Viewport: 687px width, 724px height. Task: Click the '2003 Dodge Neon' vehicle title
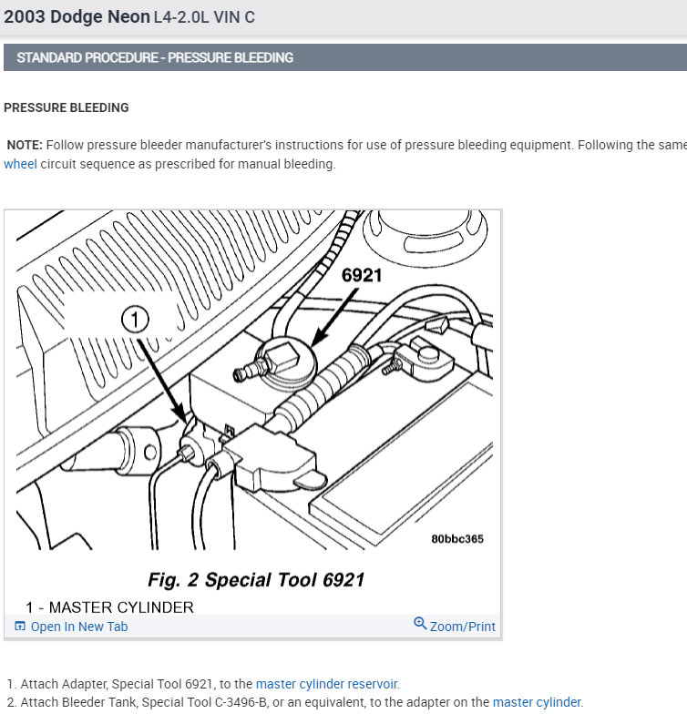[77, 16]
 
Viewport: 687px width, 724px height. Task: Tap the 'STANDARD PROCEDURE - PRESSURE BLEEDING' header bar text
[155, 57]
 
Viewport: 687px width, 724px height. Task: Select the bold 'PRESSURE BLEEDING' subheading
[67, 107]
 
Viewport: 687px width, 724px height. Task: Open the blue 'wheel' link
[20, 165]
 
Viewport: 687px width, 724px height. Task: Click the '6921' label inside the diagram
[362, 275]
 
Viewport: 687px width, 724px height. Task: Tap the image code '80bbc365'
[457, 538]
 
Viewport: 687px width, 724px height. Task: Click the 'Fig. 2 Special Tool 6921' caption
[256, 580]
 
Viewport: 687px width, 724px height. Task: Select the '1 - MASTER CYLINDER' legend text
[109, 607]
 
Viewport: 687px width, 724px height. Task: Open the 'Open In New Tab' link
[79, 627]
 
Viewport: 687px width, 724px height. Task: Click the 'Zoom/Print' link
[463, 627]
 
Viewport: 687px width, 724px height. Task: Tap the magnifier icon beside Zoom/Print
[420, 624]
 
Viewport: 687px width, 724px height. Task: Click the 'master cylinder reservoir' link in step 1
[327, 684]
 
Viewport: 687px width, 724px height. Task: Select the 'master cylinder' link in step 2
[537, 702]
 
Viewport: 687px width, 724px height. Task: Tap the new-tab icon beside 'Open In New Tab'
[20, 627]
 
